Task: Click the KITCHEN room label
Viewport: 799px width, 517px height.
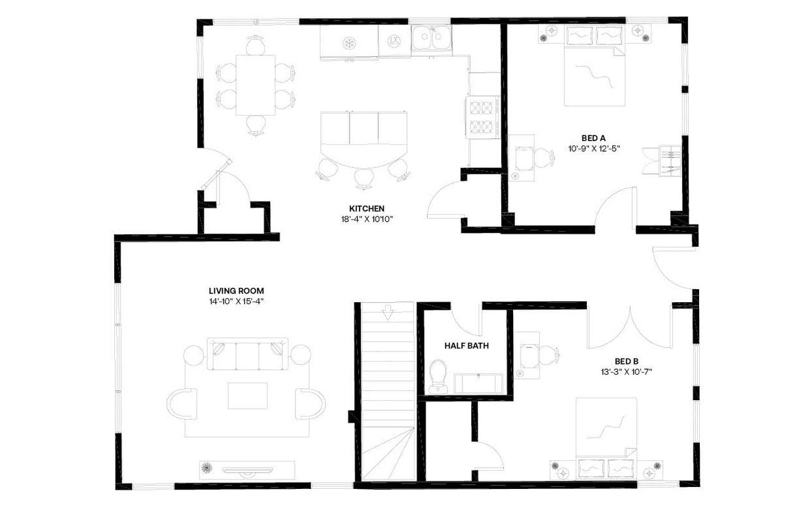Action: (366, 209)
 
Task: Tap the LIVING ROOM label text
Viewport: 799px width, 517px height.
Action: (236, 290)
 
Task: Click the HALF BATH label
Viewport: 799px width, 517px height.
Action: (466, 345)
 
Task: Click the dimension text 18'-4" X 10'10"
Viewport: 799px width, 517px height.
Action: (366, 219)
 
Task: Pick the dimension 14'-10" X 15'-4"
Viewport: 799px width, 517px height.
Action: (236, 300)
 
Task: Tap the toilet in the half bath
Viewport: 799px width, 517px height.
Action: (438, 375)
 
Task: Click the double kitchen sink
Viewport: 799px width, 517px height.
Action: (431, 38)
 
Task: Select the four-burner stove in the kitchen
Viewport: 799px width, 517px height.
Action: (483, 117)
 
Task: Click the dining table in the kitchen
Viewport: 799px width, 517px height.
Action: (255, 85)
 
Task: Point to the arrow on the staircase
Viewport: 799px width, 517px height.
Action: (388, 311)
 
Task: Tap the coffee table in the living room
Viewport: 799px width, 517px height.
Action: (247, 396)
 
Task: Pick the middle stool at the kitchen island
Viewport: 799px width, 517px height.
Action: (364, 177)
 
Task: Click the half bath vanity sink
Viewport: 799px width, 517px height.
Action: (478, 383)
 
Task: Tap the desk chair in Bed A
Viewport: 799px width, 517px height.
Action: (544, 158)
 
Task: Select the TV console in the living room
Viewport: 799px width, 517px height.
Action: (247, 470)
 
